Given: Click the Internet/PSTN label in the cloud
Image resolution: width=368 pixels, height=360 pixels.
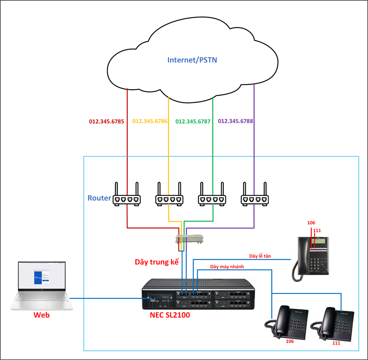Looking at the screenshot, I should click(192, 60).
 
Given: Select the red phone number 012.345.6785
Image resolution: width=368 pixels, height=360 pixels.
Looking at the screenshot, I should click(106, 122).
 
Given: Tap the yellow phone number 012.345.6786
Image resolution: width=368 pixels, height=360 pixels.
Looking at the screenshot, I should click(150, 122).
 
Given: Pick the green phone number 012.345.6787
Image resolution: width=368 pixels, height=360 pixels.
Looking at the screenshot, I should click(193, 122).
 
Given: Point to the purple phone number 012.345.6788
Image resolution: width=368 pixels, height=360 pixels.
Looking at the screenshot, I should click(236, 122).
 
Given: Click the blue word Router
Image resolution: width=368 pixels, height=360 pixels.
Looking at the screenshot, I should click(99, 198).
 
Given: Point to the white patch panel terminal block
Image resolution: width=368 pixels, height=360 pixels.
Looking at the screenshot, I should click(191, 239).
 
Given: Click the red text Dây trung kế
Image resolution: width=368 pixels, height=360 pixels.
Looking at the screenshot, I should click(157, 262).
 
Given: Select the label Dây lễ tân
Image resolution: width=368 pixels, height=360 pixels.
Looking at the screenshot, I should click(260, 256).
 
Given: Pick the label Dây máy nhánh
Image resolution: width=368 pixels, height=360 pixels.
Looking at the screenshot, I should click(227, 267).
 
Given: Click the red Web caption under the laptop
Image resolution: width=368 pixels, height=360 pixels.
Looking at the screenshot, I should click(42, 315).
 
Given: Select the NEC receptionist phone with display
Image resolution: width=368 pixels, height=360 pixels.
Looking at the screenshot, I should click(312, 258).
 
